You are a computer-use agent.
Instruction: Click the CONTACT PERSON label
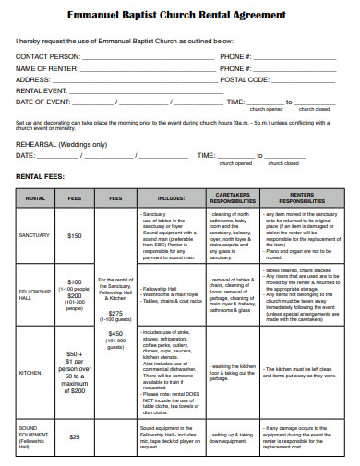47,57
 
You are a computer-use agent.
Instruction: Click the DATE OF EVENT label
42,102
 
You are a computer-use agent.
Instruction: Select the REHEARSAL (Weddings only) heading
61,144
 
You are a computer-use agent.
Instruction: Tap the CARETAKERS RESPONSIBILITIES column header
235,198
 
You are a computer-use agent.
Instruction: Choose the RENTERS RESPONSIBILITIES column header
299,198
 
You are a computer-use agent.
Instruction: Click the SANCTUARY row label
35,235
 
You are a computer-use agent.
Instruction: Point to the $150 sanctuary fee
75,235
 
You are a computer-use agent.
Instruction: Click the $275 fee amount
116,313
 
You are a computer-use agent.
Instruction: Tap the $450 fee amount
116,333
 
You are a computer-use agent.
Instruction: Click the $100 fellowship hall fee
75,281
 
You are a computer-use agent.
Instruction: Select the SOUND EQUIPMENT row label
35,434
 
